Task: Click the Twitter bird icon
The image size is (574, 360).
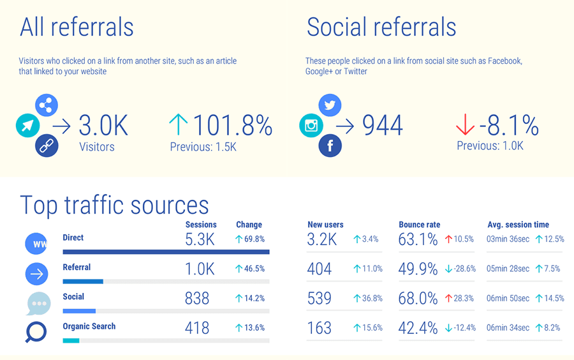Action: [x=330, y=105]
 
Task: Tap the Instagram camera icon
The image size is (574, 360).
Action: [x=311, y=126]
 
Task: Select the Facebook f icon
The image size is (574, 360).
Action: [x=330, y=146]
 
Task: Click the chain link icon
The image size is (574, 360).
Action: [x=47, y=146]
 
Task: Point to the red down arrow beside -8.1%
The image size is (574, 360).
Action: [x=465, y=125]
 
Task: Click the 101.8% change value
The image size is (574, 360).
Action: [x=232, y=125]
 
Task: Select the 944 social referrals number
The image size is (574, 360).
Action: [x=383, y=126]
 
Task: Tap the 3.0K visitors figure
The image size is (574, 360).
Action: [x=103, y=126]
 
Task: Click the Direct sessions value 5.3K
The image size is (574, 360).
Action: [x=200, y=239]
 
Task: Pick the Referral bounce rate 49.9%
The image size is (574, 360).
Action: [x=418, y=269]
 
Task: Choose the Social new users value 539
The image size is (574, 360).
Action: [x=320, y=298]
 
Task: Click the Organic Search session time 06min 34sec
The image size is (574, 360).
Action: [x=508, y=327]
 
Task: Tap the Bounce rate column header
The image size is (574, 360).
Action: [x=419, y=225]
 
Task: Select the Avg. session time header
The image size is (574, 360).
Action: [x=518, y=225]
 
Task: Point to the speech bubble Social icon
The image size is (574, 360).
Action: [x=38, y=303]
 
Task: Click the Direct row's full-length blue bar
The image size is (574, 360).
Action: [x=166, y=252]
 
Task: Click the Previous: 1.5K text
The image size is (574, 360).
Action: [x=203, y=147]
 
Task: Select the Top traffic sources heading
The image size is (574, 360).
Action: [x=114, y=205]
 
